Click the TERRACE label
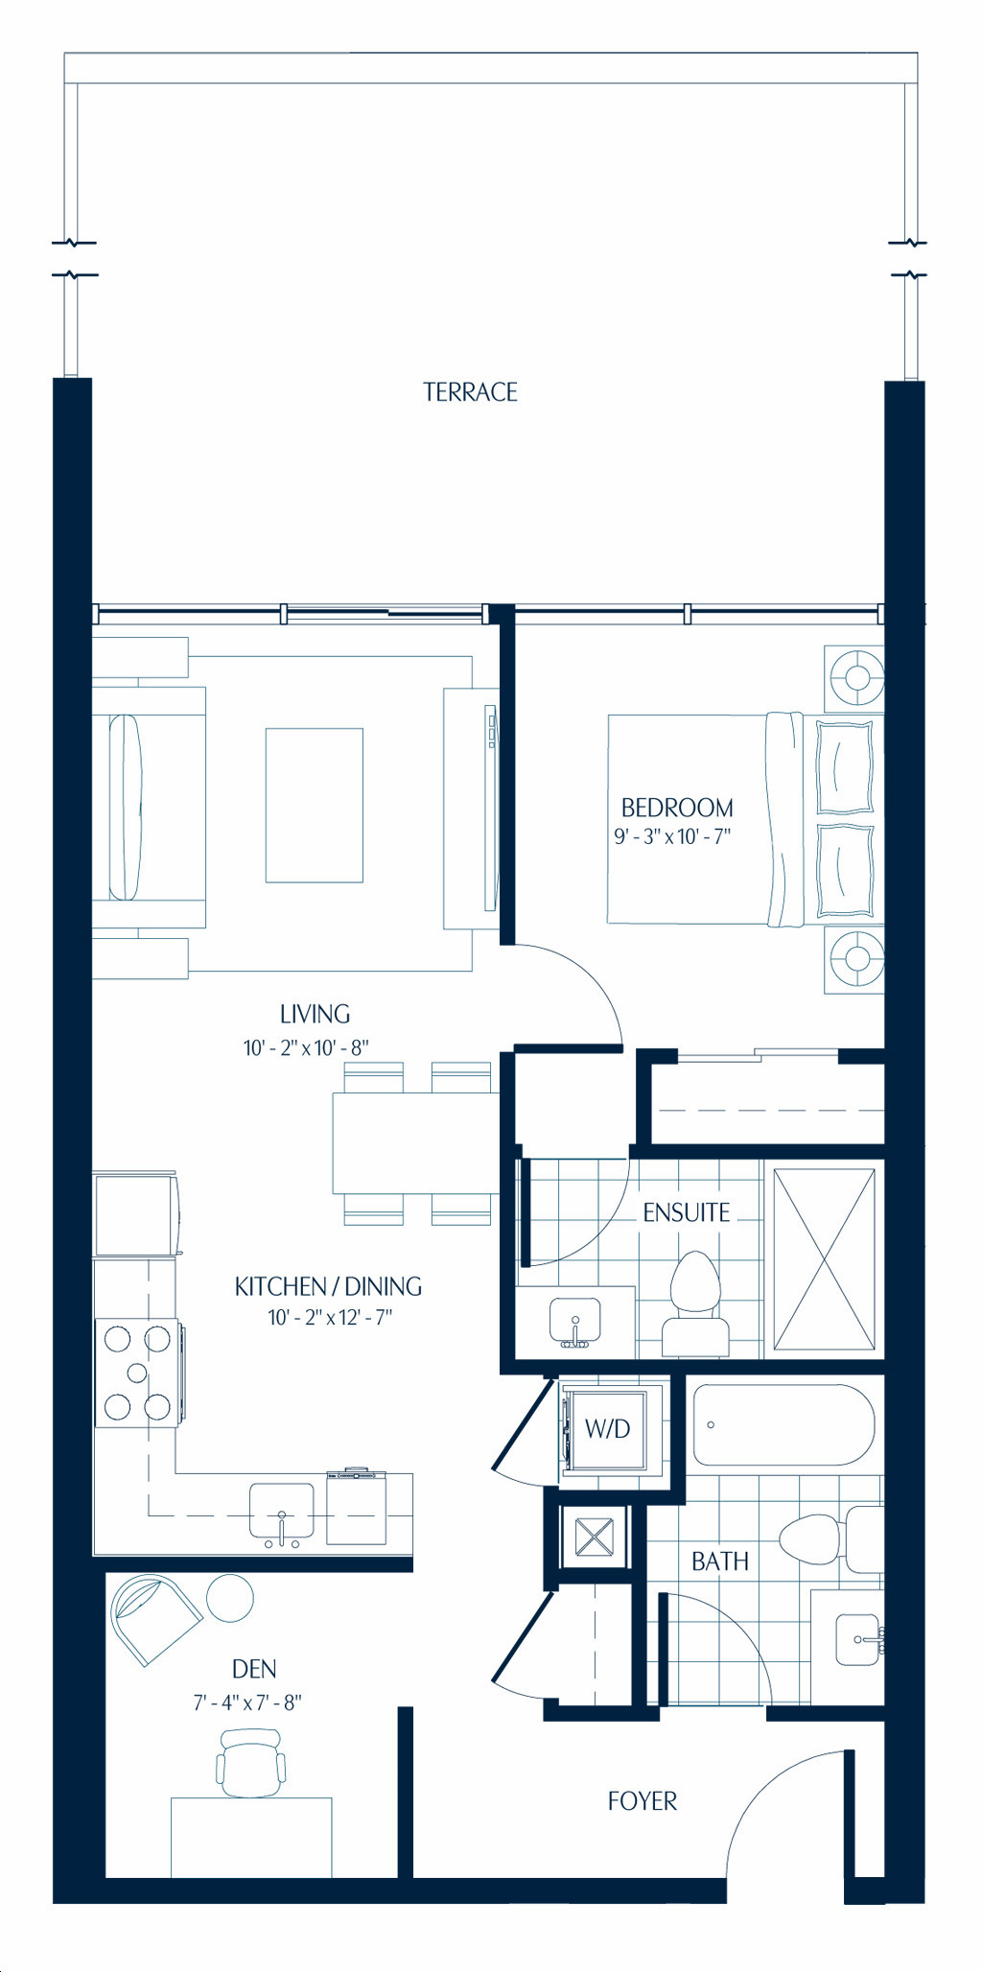tap(470, 392)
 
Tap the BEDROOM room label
tap(677, 808)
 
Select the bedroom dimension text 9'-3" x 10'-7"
tap(672, 836)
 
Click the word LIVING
tap(315, 1014)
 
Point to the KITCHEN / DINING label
tap(328, 1286)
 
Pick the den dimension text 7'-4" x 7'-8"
tap(247, 1702)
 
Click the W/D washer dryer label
tap(607, 1429)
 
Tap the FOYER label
tap(643, 1801)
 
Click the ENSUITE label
tap(687, 1212)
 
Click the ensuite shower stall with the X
tap(824, 1259)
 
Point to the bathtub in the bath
tap(783, 1424)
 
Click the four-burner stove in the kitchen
tap(137, 1373)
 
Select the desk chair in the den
tap(251, 1763)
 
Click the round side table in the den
tap(230, 1598)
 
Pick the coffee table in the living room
tap(315, 805)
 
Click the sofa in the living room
tap(149, 808)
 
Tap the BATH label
tap(720, 1561)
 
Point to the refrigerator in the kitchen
tap(135, 1214)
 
